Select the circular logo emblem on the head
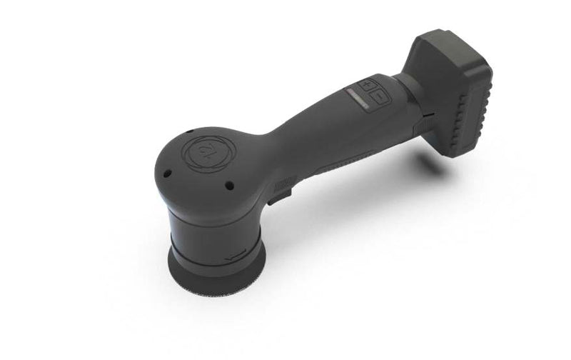(x=201, y=150)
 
